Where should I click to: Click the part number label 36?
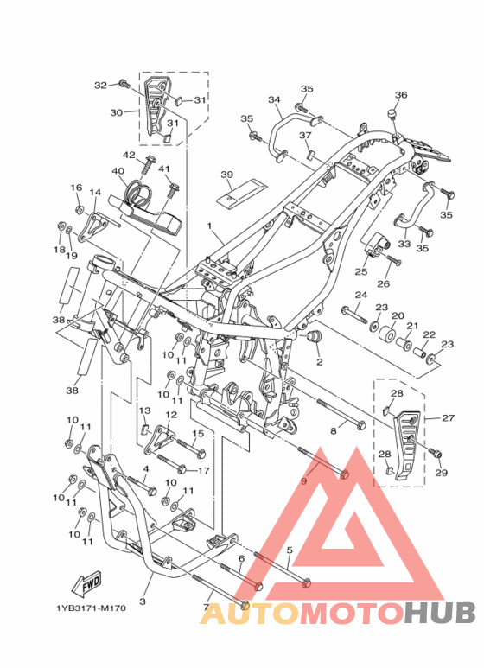(x=401, y=94)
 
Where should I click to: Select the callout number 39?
(x=227, y=175)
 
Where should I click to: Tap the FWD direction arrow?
(x=86, y=582)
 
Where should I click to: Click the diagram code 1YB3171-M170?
(x=91, y=608)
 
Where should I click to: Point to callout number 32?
(x=100, y=86)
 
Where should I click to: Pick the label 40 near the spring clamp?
(x=118, y=171)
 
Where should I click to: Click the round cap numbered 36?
(x=392, y=114)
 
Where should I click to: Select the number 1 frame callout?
(x=209, y=226)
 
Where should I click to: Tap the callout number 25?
(x=361, y=271)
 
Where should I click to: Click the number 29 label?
(x=442, y=473)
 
